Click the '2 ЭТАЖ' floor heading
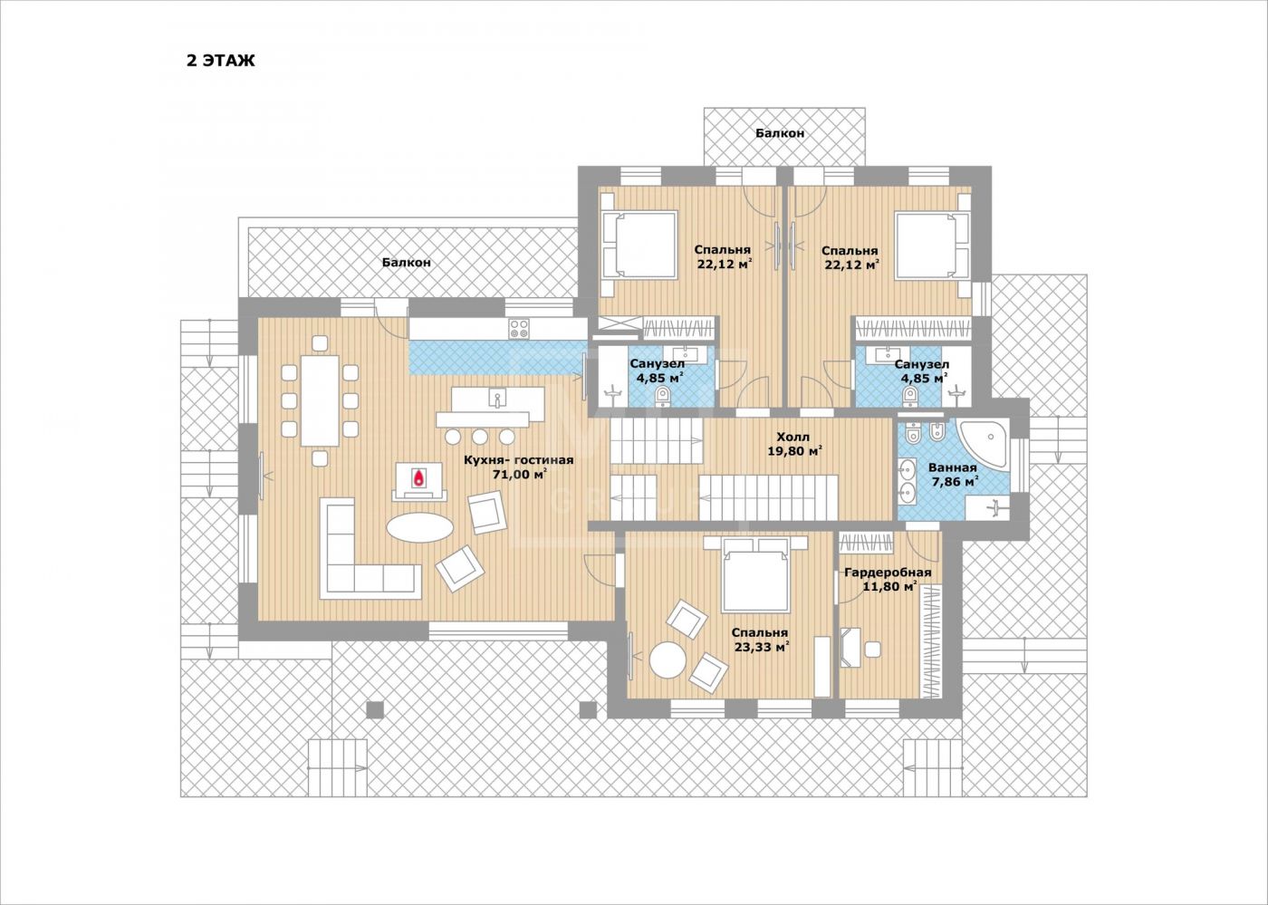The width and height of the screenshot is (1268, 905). tap(221, 61)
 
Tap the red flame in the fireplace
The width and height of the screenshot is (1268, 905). tap(418, 477)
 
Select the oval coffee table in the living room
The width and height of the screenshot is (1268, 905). tap(419, 527)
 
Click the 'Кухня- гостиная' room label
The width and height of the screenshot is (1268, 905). tap(518, 460)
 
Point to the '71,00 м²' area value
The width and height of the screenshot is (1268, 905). tap(519, 475)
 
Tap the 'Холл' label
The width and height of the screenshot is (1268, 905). tap(792, 437)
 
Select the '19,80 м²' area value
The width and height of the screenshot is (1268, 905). tap(794, 451)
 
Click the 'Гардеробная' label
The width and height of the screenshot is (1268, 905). tap(888, 573)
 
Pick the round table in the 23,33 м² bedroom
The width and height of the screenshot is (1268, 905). tap(668, 659)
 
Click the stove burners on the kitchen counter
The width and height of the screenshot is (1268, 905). tap(519, 328)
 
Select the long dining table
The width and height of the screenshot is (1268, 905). tap(320, 400)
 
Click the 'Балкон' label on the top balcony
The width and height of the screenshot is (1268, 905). tap(780, 133)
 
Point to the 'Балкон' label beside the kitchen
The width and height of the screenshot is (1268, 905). tap(406, 262)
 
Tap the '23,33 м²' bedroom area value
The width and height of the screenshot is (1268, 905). tap(762, 648)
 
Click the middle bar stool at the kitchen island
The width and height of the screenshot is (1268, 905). tap(480, 437)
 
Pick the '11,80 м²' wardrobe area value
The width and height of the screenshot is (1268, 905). tap(889, 587)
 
